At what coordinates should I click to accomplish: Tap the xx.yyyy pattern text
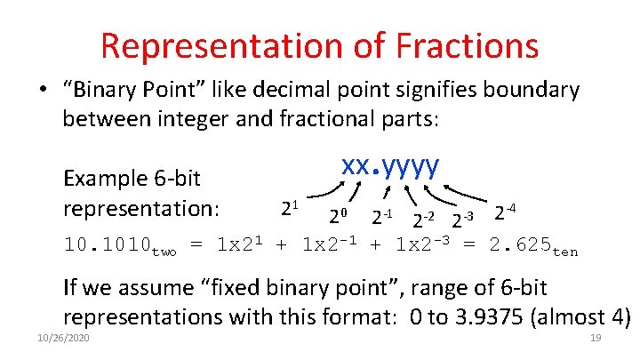click(391, 166)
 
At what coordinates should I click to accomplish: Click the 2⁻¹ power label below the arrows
click(382, 216)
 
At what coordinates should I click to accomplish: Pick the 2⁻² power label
click(424, 219)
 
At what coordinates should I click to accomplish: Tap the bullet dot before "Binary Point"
click(42, 91)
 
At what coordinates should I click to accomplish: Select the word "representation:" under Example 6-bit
click(140, 209)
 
